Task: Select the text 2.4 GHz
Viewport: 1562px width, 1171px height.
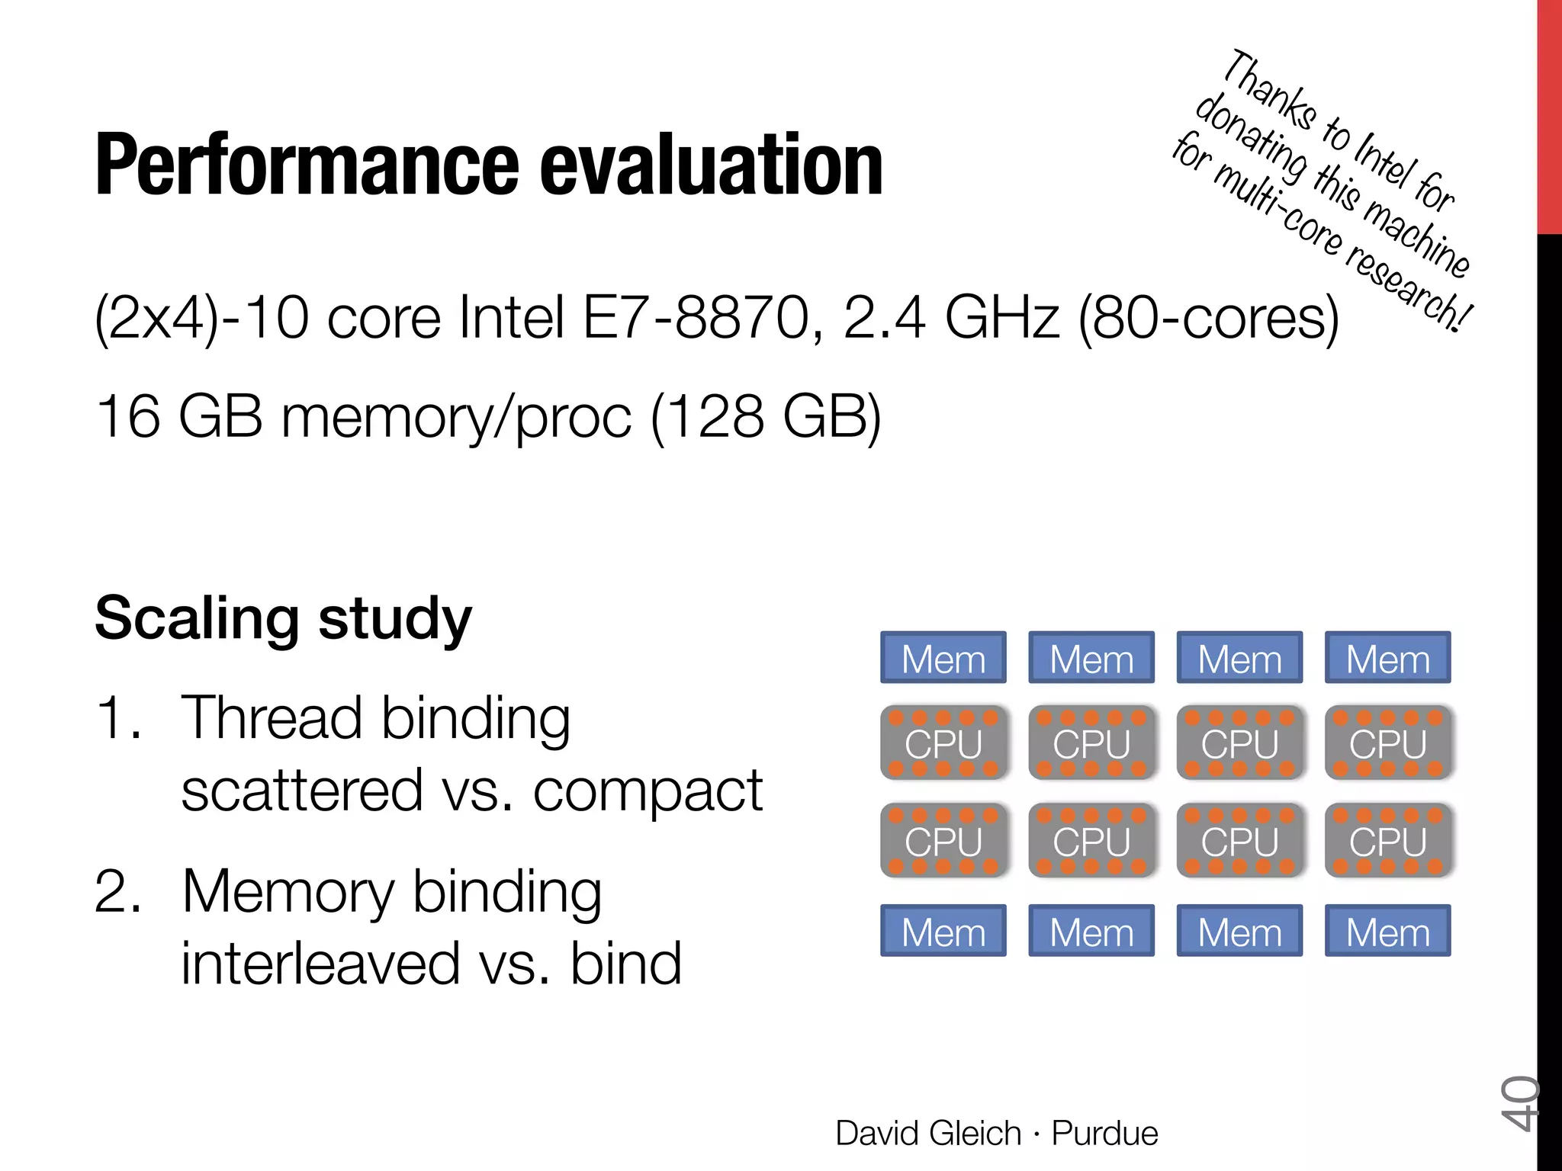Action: tap(952, 318)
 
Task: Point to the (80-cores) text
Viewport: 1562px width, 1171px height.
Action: tap(1208, 318)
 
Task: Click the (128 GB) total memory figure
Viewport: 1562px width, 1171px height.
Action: tap(766, 417)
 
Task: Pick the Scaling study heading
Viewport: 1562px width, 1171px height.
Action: tap(283, 618)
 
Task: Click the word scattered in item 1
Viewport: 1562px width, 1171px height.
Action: tap(302, 791)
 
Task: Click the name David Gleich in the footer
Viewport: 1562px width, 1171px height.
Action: tap(927, 1134)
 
